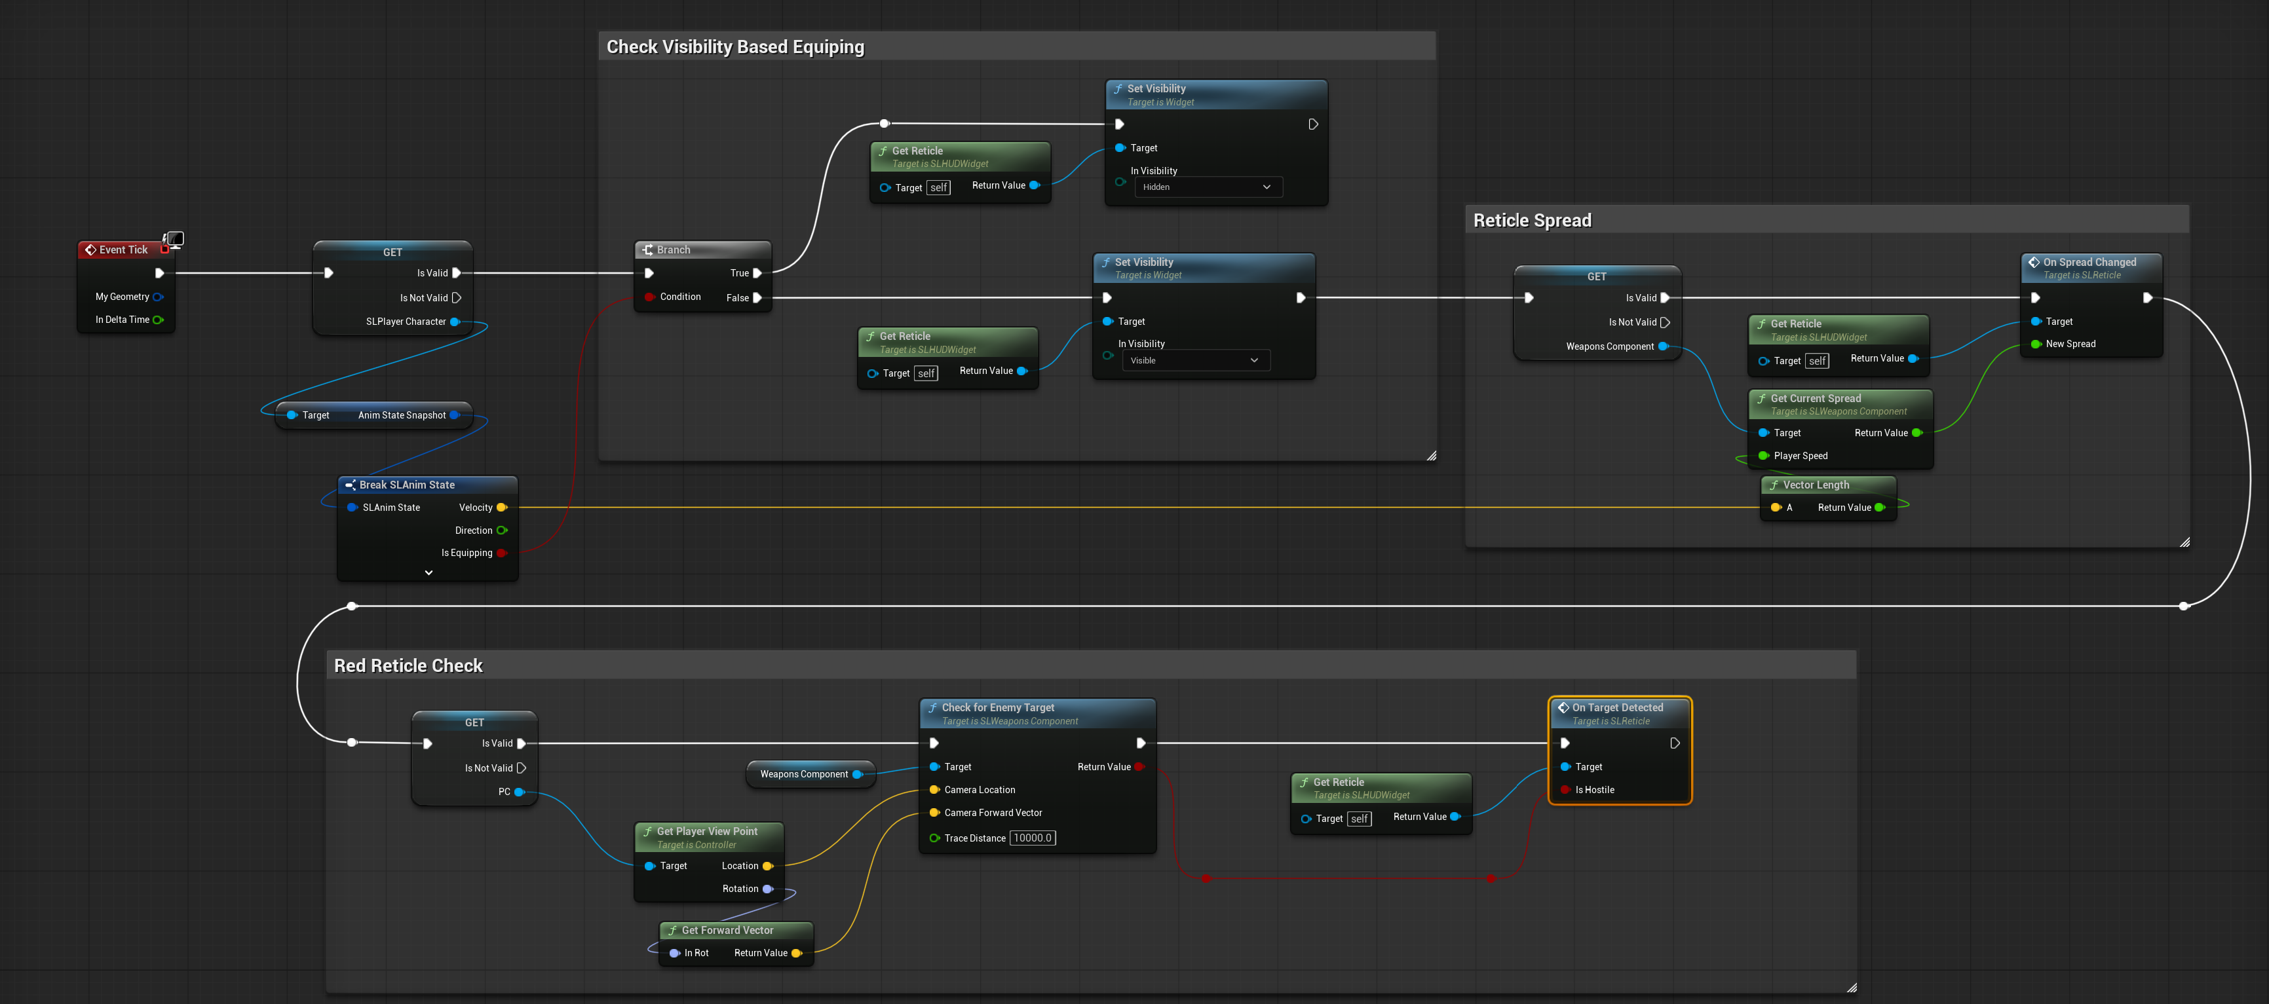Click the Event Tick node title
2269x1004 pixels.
123,250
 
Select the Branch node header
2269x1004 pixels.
702,250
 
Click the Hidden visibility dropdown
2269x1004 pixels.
1207,187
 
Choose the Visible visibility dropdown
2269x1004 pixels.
1194,360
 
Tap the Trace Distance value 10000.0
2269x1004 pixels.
1033,838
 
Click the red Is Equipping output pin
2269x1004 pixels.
501,553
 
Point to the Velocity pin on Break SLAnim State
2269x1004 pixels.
501,508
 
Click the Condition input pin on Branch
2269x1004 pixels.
649,297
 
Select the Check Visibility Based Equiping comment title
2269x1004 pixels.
736,46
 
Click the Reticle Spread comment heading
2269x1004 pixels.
1532,220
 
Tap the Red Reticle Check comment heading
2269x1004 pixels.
409,666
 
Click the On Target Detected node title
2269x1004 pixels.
1617,707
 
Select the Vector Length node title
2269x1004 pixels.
1816,485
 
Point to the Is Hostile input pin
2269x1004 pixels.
1565,790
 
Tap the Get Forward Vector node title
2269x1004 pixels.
727,930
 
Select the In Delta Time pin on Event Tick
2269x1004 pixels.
159,320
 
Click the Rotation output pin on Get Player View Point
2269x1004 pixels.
768,889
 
